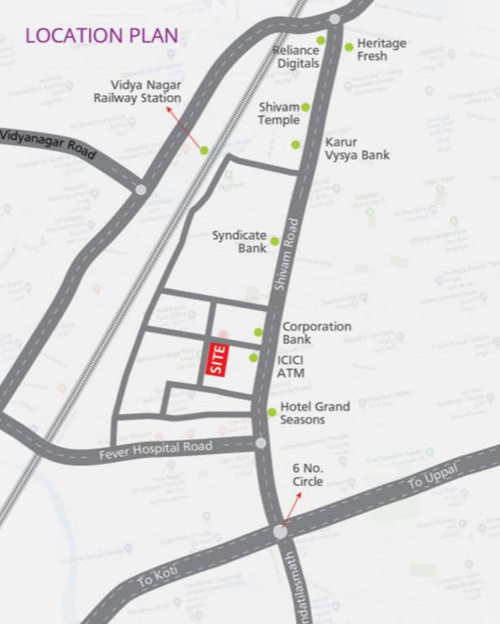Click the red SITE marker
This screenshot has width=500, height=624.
pyautogui.click(x=217, y=359)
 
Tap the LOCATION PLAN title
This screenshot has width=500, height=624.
pyautogui.click(x=102, y=36)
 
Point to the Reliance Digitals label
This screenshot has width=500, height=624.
pyautogui.click(x=296, y=56)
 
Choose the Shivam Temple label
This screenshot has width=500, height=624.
pyautogui.click(x=279, y=114)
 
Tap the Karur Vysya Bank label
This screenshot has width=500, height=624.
pyautogui.click(x=357, y=148)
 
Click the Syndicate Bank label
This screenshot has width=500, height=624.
pyautogui.click(x=240, y=241)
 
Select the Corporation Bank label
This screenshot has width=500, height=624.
pyautogui.click(x=316, y=332)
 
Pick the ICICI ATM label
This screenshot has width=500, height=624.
pyautogui.click(x=291, y=366)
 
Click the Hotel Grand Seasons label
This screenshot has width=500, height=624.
pyautogui.click(x=315, y=413)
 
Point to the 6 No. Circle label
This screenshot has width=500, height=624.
pyautogui.click(x=308, y=474)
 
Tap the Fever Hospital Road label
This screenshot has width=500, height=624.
pyautogui.click(x=155, y=448)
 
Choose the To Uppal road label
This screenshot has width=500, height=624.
pyautogui.click(x=433, y=478)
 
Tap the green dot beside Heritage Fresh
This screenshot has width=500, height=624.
pyautogui.click(x=349, y=47)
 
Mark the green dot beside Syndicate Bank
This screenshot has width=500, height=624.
pyautogui.click(x=275, y=240)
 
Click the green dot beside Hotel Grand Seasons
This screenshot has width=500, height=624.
pyautogui.click(x=272, y=412)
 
